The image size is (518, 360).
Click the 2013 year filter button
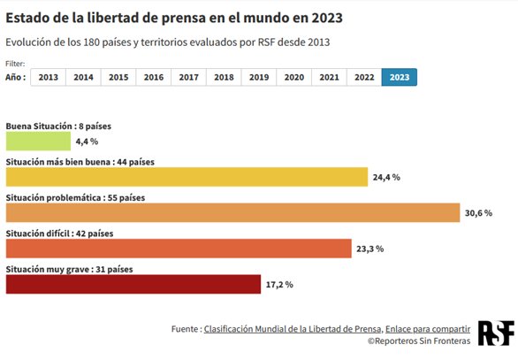coord(49,78)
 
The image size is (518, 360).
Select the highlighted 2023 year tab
coord(399,78)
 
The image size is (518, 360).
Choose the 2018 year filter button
coord(224,78)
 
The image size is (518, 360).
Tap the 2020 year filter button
coord(293,78)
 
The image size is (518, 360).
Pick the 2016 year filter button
coord(154,78)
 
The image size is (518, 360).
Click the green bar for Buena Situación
coord(38,141)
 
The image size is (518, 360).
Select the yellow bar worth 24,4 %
coord(187,177)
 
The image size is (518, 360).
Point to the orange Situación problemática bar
coord(233,213)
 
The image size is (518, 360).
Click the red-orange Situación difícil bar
coord(179,249)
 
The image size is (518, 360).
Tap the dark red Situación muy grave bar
coord(133,284)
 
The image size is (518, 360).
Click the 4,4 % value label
coord(87,141)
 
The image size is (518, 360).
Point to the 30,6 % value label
coord(478,213)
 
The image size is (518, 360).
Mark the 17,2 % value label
coord(278,284)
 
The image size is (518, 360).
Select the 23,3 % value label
coord(369,249)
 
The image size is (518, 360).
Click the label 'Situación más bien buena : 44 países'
coord(80,162)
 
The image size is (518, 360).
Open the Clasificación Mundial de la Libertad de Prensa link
coord(293,329)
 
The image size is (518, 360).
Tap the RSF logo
coord(494,333)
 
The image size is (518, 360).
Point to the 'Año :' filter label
coord(17,78)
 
